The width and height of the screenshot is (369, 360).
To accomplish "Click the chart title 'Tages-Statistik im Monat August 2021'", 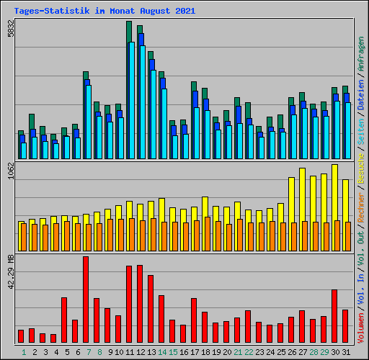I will click(105, 12).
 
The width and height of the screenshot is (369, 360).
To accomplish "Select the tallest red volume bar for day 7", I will click(86, 300).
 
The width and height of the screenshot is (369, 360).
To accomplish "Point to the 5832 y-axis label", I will click(10, 29).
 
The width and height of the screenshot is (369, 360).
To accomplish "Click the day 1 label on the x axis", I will click(24, 352).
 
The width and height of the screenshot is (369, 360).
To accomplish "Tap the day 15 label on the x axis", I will click(173, 352).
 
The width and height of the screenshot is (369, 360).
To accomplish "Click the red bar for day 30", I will click(334, 316).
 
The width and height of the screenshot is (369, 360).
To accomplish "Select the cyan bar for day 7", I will click(88, 122).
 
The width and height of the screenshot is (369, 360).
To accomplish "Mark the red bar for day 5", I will click(64, 320).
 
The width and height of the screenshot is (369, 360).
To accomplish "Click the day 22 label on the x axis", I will click(249, 352).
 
